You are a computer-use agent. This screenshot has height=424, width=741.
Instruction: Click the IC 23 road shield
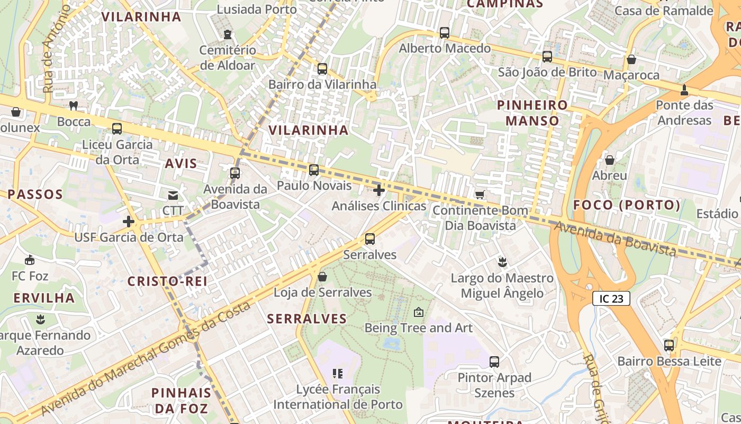point(611,298)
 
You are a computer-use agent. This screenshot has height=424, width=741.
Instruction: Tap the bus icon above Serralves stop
point(370,239)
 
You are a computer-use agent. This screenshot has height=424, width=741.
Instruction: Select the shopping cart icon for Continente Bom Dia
point(480,195)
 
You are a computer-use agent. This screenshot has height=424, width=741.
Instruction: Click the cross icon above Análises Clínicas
point(379,190)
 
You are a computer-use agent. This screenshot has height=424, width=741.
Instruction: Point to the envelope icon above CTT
point(173,195)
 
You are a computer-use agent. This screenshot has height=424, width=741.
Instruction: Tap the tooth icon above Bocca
point(74,106)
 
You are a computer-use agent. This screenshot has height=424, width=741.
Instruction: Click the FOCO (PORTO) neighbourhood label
point(627,205)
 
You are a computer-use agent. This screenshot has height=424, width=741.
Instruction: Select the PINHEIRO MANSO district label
point(532,113)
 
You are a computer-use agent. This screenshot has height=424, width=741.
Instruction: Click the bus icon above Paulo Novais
point(314,170)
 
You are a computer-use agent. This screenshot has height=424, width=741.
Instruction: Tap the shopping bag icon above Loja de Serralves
point(322,277)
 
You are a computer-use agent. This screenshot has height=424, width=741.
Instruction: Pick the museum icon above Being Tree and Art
point(419,312)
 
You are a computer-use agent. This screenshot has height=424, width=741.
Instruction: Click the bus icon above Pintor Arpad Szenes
point(494,362)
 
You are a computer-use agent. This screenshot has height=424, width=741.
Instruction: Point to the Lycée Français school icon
point(338,374)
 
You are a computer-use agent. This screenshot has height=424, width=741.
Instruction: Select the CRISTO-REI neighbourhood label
point(167,281)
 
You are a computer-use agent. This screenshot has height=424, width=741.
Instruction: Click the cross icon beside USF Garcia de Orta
point(129,222)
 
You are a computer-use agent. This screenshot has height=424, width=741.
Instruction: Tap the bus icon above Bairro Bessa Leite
point(669,346)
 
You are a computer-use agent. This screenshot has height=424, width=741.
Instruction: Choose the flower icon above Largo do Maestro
point(502,262)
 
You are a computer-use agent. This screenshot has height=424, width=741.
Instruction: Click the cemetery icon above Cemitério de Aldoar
point(228,35)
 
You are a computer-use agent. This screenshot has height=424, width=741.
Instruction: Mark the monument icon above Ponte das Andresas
point(684,90)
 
